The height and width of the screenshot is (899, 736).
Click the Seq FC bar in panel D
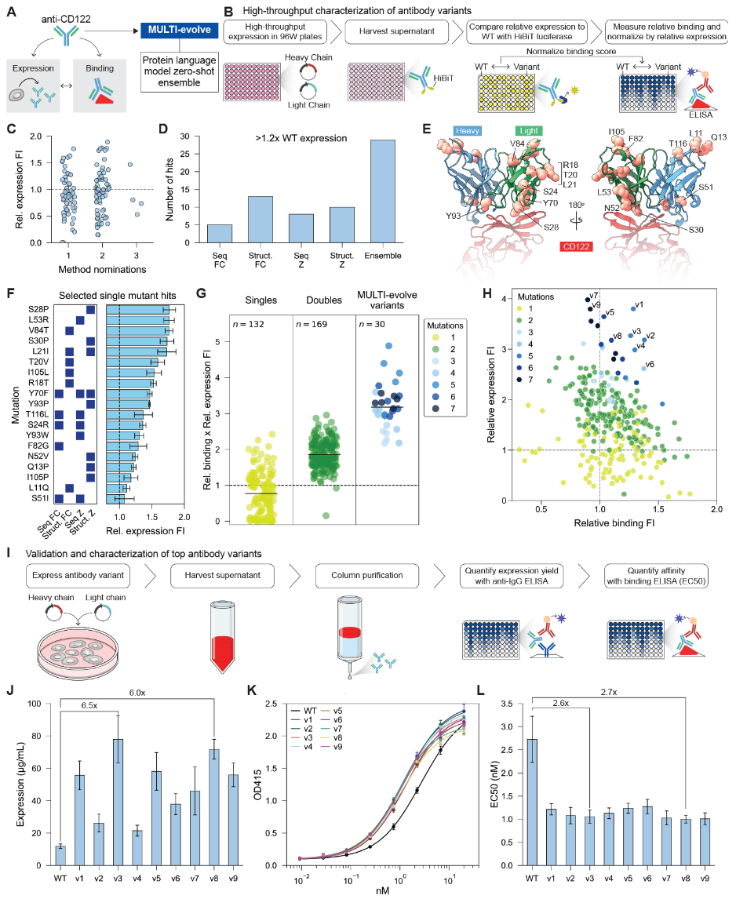220,233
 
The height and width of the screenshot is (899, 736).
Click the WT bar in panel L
533,802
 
